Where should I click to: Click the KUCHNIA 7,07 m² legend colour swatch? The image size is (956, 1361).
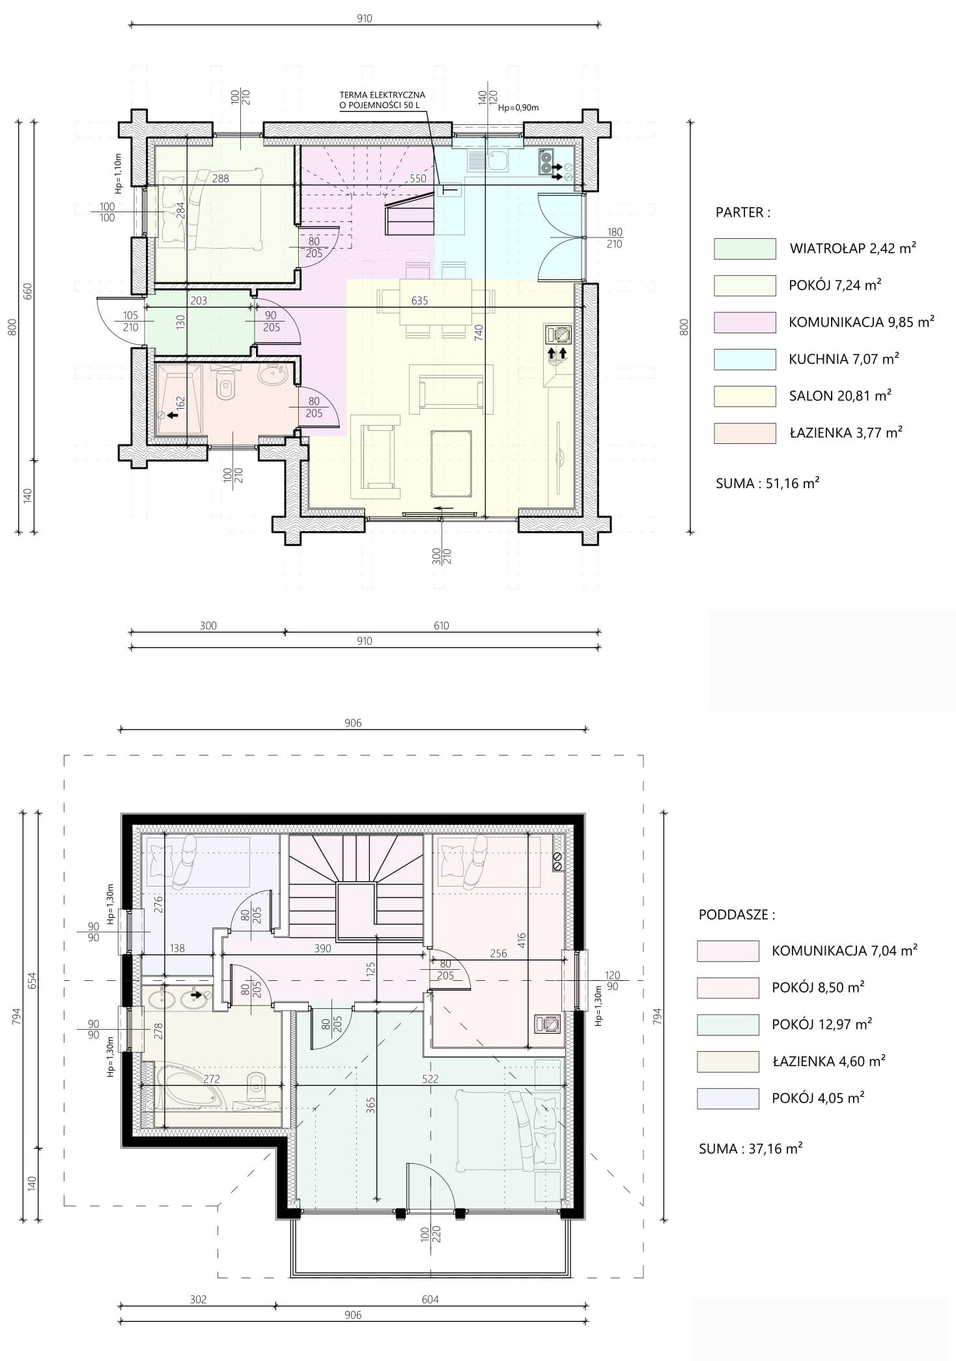point(744,359)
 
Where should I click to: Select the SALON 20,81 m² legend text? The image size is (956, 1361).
point(840,396)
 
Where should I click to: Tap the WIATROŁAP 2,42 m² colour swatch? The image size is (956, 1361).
point(744,249)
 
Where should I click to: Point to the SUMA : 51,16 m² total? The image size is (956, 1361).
point(767,483)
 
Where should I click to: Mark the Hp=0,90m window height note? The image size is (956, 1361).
point(518,108)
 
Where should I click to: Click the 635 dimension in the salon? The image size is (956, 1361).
point(419,301)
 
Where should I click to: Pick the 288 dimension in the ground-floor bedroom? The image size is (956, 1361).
point(220,178)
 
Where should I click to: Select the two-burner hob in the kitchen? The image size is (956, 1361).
point(545,162)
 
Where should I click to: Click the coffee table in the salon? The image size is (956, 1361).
point(452,463)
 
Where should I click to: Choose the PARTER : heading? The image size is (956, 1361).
point(742,212)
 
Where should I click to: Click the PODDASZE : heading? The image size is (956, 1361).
point(737,914)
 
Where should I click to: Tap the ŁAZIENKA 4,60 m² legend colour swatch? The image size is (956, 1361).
point(727,1062)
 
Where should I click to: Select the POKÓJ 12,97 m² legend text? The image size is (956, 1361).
point(822,1024)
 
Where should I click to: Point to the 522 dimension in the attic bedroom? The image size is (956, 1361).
point(430,1079)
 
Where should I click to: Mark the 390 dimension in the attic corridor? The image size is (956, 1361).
point(322,948)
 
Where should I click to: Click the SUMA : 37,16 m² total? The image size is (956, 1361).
point(750,1149)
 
